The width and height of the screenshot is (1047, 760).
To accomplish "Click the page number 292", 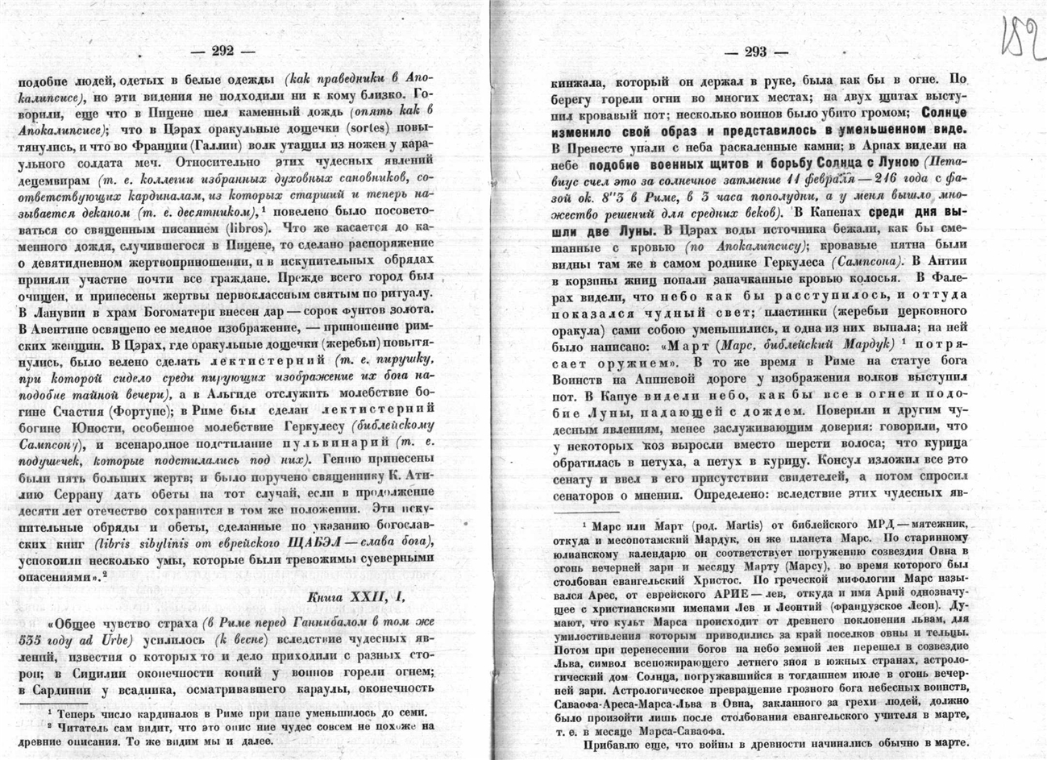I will click(x=222, y=51).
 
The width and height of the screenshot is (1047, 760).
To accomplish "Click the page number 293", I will click(x=755, y=52).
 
